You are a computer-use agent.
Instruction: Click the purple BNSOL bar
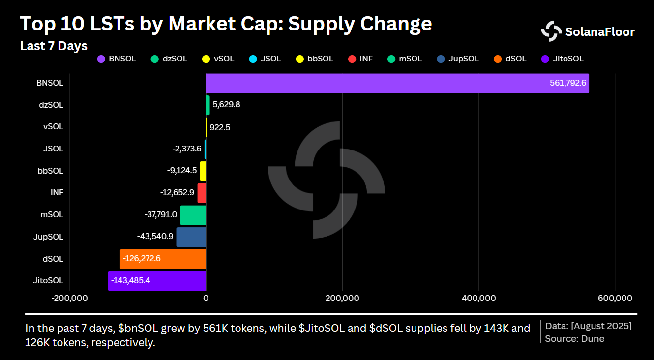tap(397, 83)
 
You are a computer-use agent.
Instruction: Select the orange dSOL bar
tap(163, 259)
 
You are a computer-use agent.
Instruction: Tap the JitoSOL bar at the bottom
tap(157, 281)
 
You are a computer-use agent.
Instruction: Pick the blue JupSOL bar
tap(191, 237)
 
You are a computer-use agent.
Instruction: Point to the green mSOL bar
tap(193, 215)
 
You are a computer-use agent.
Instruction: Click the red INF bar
tap(202, 193)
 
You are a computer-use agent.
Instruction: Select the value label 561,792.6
tap(567, 83)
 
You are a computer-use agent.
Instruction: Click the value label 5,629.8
tap(226, 105)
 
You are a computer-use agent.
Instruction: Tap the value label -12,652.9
tap(177, 193)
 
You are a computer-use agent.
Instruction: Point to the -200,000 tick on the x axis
tap(70, 298)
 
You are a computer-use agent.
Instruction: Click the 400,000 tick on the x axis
tap(478, 298)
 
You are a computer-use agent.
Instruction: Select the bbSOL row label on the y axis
tap(51, 171)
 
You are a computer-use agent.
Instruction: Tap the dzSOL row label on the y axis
tap(51, 105)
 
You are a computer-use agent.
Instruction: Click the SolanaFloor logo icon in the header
tap(551, 31)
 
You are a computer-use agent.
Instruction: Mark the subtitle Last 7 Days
tap(54, 46)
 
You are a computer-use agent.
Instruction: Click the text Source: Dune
tap(574, 338)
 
